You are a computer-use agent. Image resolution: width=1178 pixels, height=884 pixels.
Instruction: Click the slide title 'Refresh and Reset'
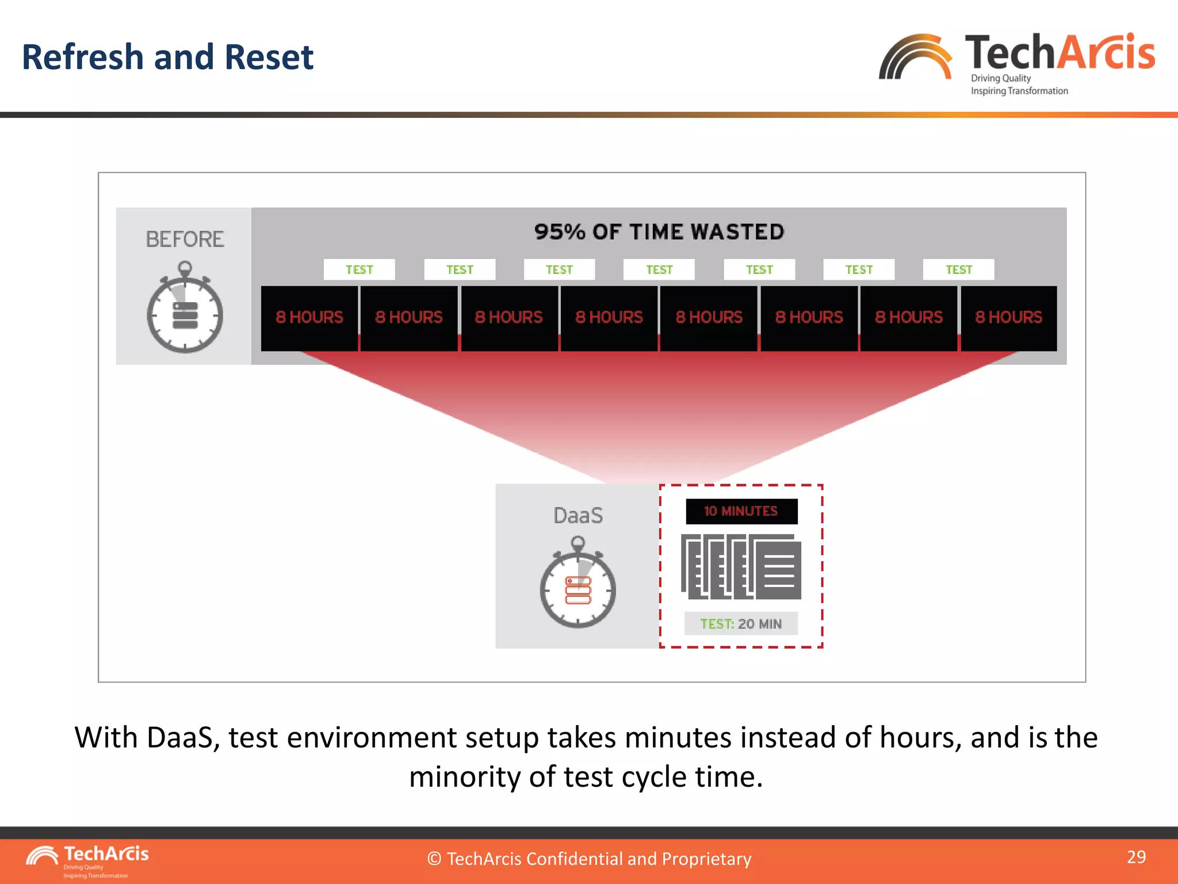click(x=167, y=57)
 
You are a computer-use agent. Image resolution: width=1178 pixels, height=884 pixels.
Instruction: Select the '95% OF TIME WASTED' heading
click(x=659, y=232)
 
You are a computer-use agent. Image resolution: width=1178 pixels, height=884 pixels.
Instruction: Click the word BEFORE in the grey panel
click(x=185, y=239)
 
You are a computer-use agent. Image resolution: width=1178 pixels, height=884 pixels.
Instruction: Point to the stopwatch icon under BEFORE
click(x=185, y=308)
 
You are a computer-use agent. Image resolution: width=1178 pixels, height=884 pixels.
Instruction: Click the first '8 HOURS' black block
click(x=309, y=318)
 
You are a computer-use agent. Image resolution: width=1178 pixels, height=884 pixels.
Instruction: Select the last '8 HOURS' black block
click(x=1008, y=318)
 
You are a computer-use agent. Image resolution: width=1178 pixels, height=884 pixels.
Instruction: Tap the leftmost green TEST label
click(x=359, y=270)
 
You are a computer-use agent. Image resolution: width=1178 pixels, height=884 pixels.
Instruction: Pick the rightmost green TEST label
click(x=959, y=270)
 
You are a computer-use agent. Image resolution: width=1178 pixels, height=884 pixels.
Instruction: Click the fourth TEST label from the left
click(x=659, y=270)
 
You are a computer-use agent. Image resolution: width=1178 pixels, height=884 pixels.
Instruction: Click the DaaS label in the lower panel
click(x=578, y=516)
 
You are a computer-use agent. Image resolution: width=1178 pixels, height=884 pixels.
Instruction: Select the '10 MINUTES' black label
click(x=741, y=511)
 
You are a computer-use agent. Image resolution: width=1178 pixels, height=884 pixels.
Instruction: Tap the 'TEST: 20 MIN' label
click(x=741, y=624)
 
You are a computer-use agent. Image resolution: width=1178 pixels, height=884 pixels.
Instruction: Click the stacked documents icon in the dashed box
click(x=741, y=567)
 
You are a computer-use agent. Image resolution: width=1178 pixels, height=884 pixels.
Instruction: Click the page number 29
click(x=1136, y=857)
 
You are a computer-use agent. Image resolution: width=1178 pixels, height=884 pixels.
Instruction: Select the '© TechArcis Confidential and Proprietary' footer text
click(x=589, y=859)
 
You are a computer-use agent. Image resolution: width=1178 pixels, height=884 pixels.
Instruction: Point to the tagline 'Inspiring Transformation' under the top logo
click(x=1019, y=91)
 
